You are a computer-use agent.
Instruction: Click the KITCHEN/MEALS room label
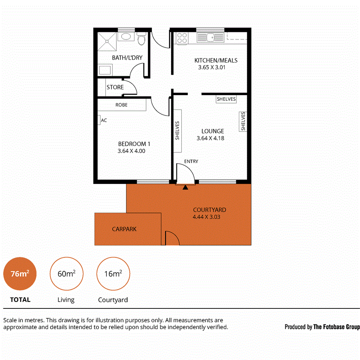(x=216, y=60)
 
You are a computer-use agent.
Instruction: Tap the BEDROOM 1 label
(x=134, y=144)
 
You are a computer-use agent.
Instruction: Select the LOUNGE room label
(x=212, y=131)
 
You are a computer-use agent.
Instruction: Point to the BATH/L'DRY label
(x=127, y=58)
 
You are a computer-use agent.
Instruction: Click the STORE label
(x=115, y=87)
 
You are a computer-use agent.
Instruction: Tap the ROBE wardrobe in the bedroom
(x=122, y=105)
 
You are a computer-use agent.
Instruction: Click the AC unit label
(x=104, y=120)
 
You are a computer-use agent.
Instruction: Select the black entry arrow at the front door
(x=185, y=187)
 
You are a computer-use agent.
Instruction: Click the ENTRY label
(x=191, y=161)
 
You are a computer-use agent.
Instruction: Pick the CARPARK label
(x=124, y=229)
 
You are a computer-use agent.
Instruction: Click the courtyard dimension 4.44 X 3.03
(x=206, y=217)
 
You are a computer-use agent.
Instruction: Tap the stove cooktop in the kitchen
(x=182, y=38)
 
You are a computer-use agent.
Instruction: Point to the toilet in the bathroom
(x=140, y=40)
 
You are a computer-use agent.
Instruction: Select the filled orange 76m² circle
(x=20, y=274)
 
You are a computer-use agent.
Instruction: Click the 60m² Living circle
(x=66, y=274)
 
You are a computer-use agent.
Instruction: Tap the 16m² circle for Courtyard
(x=113, y=274)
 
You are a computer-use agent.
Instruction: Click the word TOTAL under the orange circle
(x=20, y=300)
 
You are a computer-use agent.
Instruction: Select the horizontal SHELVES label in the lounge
(x=226, y=99)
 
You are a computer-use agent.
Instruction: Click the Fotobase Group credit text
(x=322, y=327)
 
